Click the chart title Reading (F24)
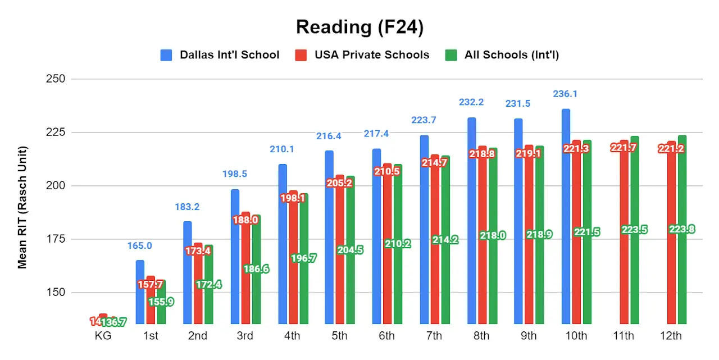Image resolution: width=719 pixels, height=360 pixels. (359, 27)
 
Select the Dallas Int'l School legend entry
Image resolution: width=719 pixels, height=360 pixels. (220, 55)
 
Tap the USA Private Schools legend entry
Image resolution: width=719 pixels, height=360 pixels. (362, 55)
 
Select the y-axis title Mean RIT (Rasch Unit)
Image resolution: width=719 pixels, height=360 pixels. (22, 208)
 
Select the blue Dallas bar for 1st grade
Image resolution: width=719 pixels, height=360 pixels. (140, 292)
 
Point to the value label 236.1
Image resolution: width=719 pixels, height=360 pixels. (565, 94)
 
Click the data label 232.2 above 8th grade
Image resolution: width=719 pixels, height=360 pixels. (471, 102)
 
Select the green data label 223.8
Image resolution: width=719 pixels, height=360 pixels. (682, 229)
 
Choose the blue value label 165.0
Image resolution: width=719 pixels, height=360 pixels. (140, 245)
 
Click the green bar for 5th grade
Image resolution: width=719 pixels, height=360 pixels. (351, 281)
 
